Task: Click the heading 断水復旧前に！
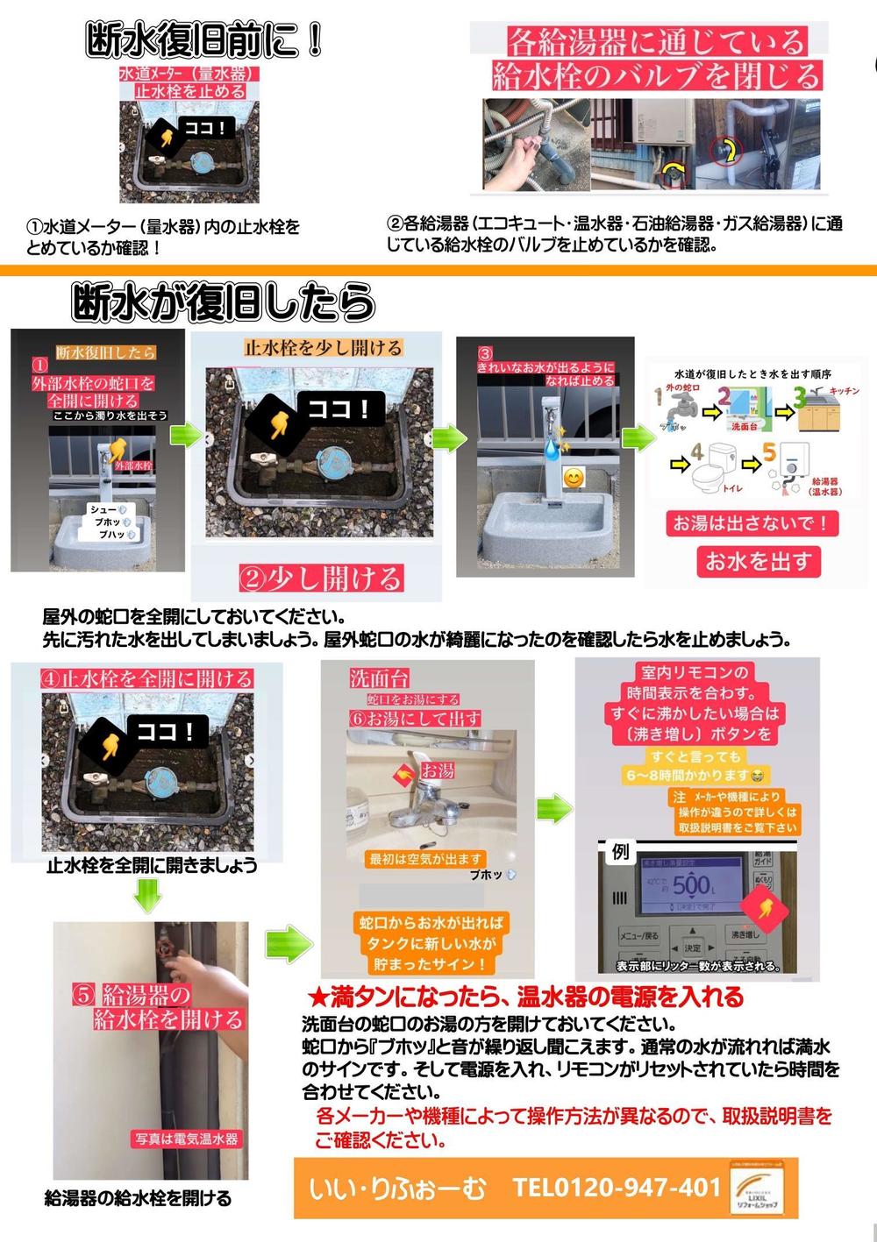pyautogui.click(x=205, y=40)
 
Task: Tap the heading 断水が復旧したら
pyautogui.click(x=224, y=302)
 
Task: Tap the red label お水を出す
pyautogui.click(x=759, y=561)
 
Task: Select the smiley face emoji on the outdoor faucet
pyautogui.click(x=573, y=479)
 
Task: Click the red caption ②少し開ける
pyautogui.click(x=321, y=578)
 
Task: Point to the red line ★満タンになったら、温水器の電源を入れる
pyautogui.click(x=526, y=997)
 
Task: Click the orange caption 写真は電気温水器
pyautogui.click(x=186, y=1139)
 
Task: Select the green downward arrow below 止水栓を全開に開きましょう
pyautogui.click(x=148, y=896)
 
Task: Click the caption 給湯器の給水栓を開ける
pyautogui.click(x=138, y=1197)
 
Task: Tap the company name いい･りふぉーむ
pyautogui.click(x=397, y=1189)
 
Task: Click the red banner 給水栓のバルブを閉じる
pyautogui.click(x=656, y=75)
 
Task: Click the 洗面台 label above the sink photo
pyautogui.click(x=380, y=678)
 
